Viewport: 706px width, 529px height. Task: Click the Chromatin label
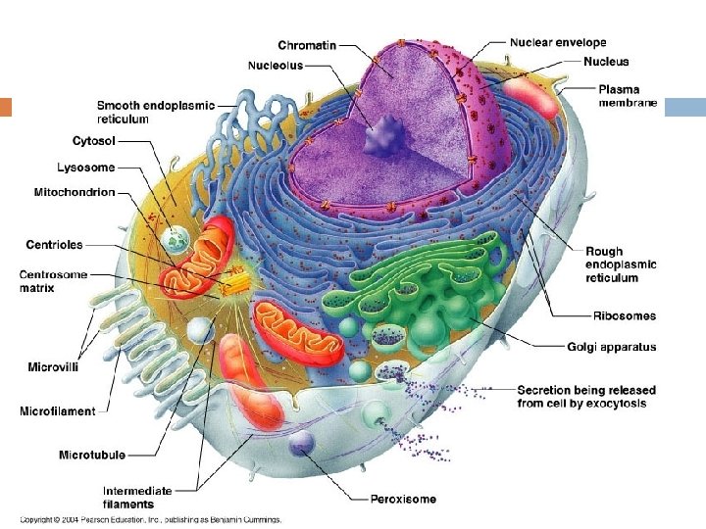point(307,45)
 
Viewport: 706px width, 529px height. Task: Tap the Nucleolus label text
point(275,66)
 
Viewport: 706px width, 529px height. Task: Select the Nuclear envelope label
point(558,43)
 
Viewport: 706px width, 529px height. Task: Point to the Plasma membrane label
point(628,95)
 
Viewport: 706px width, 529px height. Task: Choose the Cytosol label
point(94,141)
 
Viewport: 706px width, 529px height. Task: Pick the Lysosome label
point(87,167)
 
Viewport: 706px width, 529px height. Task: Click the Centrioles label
point(54,244)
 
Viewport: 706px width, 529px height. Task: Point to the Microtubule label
point(91,455)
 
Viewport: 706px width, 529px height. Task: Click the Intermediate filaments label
point(137,497)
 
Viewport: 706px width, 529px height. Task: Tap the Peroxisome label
point(403,499)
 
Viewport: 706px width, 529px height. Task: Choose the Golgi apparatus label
point(611,347)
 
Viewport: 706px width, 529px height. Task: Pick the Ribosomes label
point(625,315)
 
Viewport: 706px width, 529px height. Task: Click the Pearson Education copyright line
point(152,519)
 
